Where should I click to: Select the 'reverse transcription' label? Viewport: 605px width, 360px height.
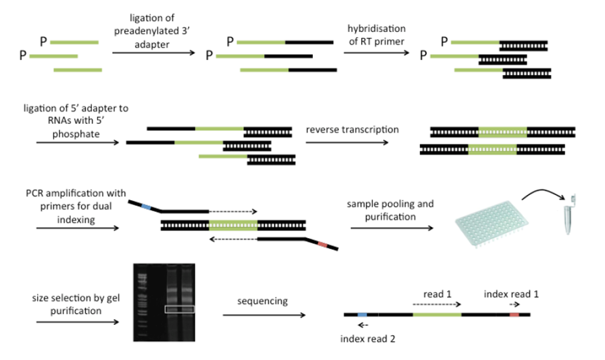pos(352,129)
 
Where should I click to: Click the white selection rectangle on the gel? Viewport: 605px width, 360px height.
pos(179,308)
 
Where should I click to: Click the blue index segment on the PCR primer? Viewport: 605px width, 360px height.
pos(147,207)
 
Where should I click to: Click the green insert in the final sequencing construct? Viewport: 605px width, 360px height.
pos(437,314)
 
